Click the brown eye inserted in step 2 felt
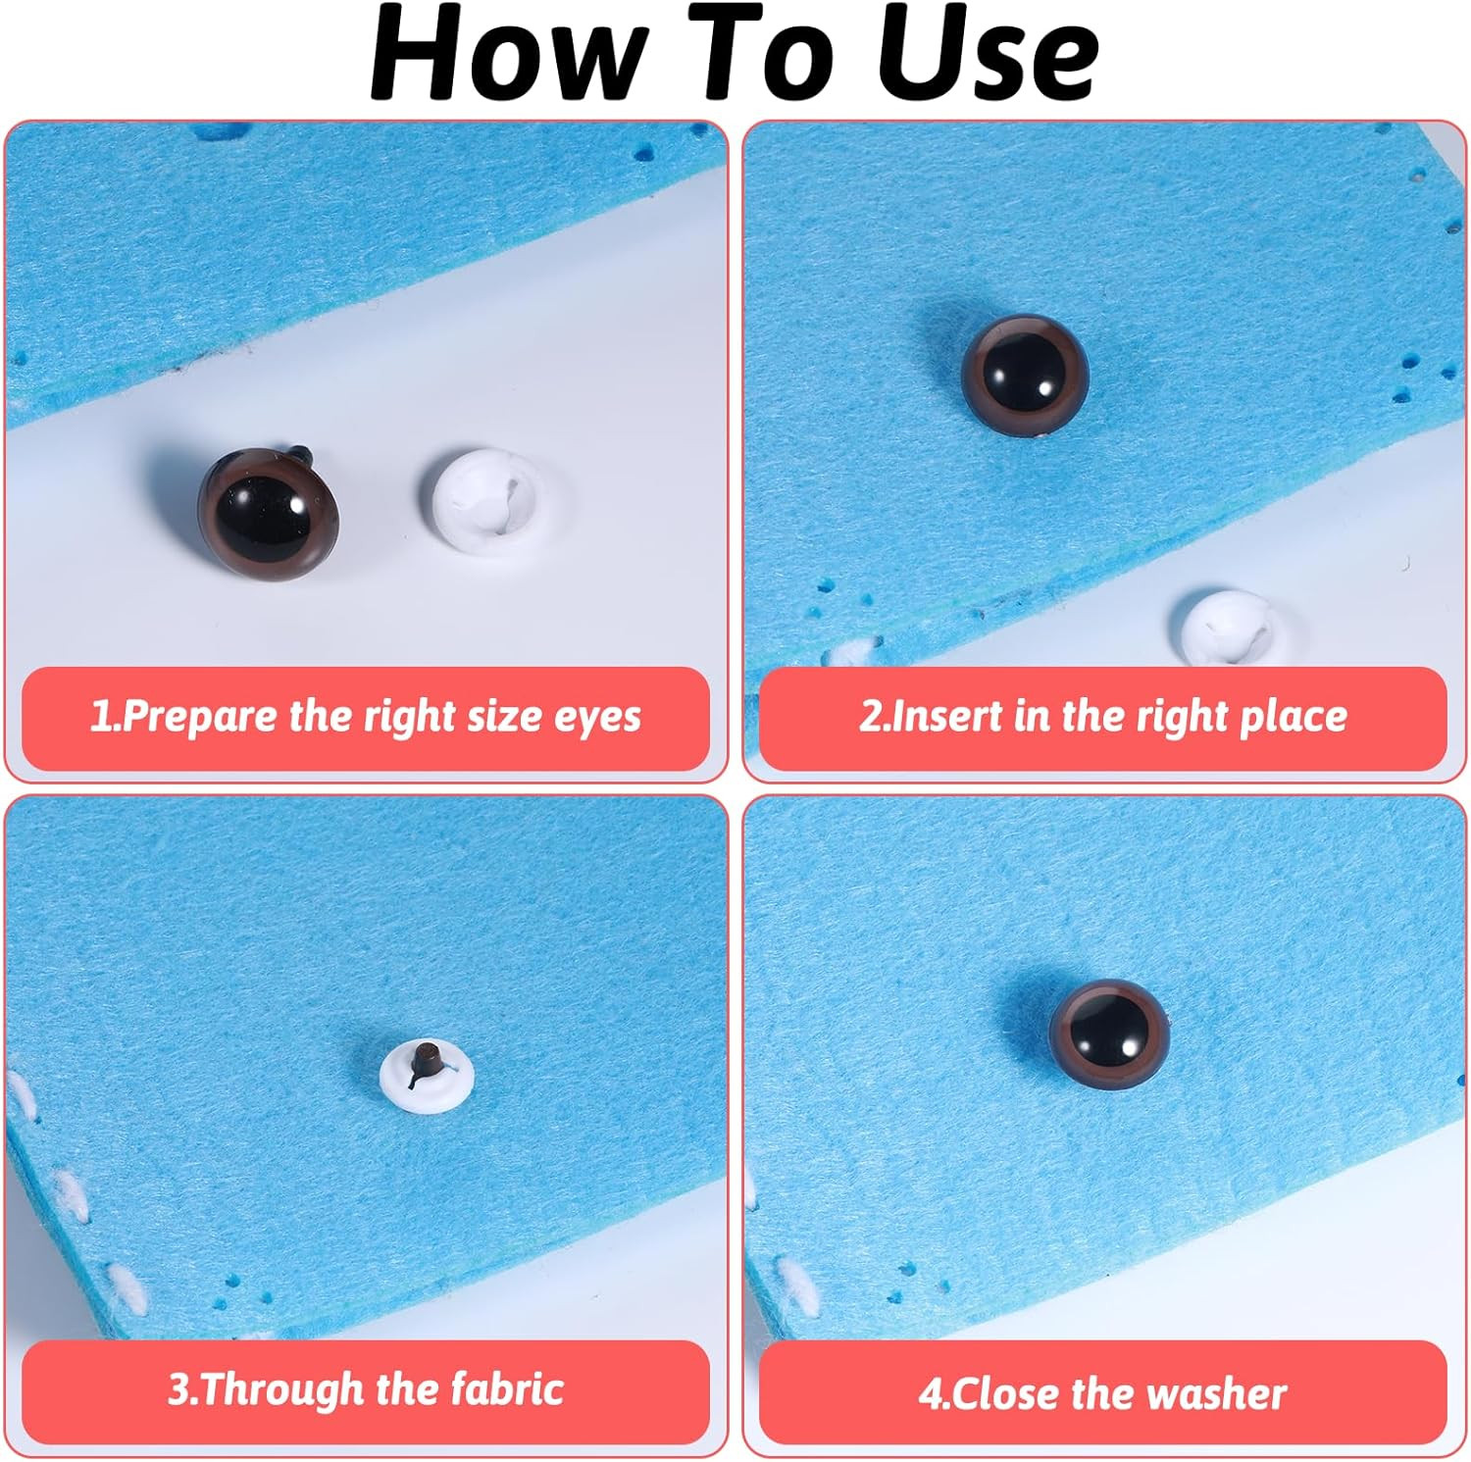[1025, 373]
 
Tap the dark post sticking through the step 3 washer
[425, 1062]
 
